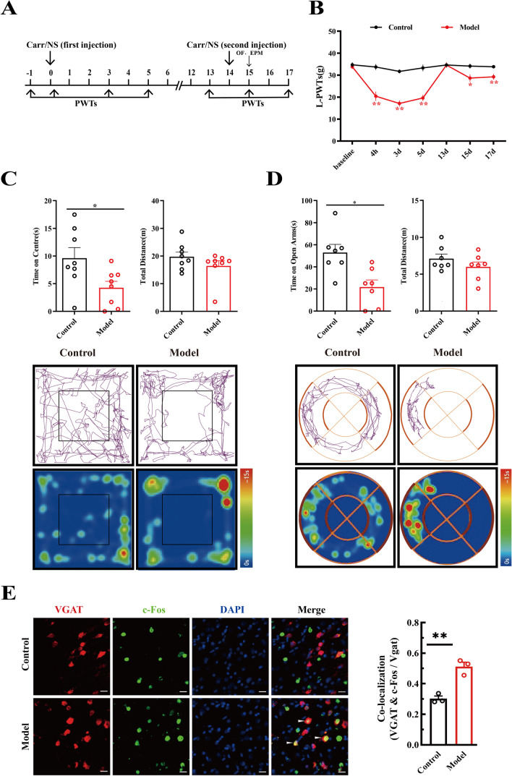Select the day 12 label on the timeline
(x=189, y=74)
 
